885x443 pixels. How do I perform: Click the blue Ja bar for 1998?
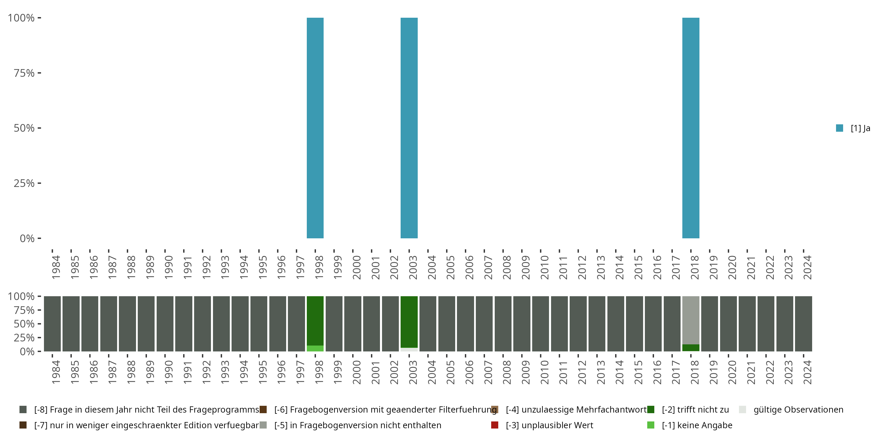point(315,128)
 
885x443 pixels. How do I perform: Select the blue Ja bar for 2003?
point(409,128)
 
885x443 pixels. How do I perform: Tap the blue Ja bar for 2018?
point(691,128)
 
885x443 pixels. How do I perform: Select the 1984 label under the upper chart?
point(56,267)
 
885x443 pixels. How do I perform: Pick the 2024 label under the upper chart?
point(807,267)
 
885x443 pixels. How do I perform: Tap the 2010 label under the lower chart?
point(544,372)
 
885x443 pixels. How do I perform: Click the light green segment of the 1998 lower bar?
point(315,348)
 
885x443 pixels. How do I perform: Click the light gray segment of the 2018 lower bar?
point(691,320)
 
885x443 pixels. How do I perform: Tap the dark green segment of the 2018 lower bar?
point(691,348)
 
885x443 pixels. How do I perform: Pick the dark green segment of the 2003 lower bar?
point(409,322)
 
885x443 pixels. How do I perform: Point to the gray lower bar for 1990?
point(165,324)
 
